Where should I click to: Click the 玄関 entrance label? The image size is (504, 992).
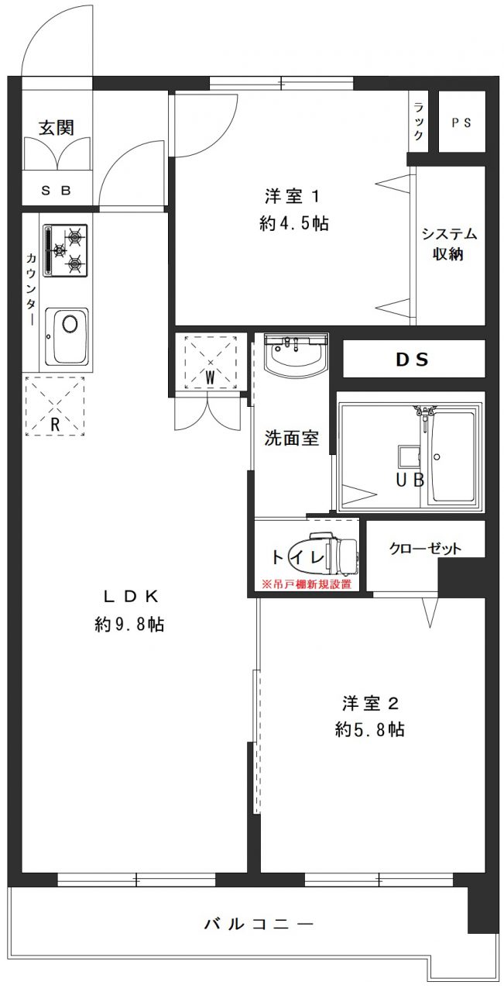[57, 128]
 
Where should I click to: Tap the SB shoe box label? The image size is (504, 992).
[57, 191]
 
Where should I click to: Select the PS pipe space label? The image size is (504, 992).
[461, 122]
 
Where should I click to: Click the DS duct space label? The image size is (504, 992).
[412, 359]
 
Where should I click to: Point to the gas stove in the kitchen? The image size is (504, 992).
[65, 250]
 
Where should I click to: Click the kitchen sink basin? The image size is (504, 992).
[67, 336]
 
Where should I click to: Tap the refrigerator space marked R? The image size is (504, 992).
[55, 406]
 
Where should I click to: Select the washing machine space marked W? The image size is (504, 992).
[210, 362]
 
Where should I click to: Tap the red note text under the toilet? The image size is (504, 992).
[307, 584]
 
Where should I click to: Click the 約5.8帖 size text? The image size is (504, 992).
[369, 729]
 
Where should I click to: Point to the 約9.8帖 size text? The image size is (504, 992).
[129, 625]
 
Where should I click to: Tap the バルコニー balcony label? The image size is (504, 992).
[259, 924]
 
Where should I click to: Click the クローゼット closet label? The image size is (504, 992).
[425, 549]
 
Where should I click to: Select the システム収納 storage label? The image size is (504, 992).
[449, 243]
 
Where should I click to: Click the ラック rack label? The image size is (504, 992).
[418, 122]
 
